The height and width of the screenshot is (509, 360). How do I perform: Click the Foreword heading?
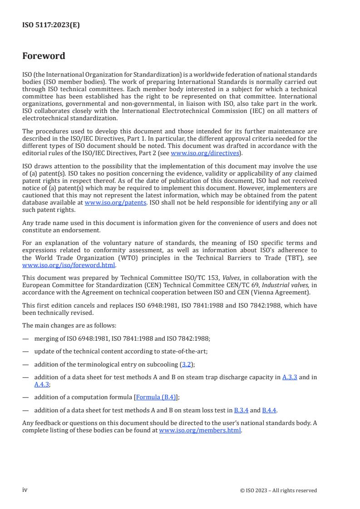pos(44,56)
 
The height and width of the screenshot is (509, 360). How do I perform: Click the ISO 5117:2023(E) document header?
pos(51,25)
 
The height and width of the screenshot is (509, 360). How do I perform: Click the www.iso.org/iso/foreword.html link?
pos(69,265)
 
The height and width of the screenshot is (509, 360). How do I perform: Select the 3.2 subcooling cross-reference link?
pos(187,364)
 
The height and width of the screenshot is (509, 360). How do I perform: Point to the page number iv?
pos(25,490)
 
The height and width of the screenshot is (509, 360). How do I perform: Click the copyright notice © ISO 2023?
pos(278,490)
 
